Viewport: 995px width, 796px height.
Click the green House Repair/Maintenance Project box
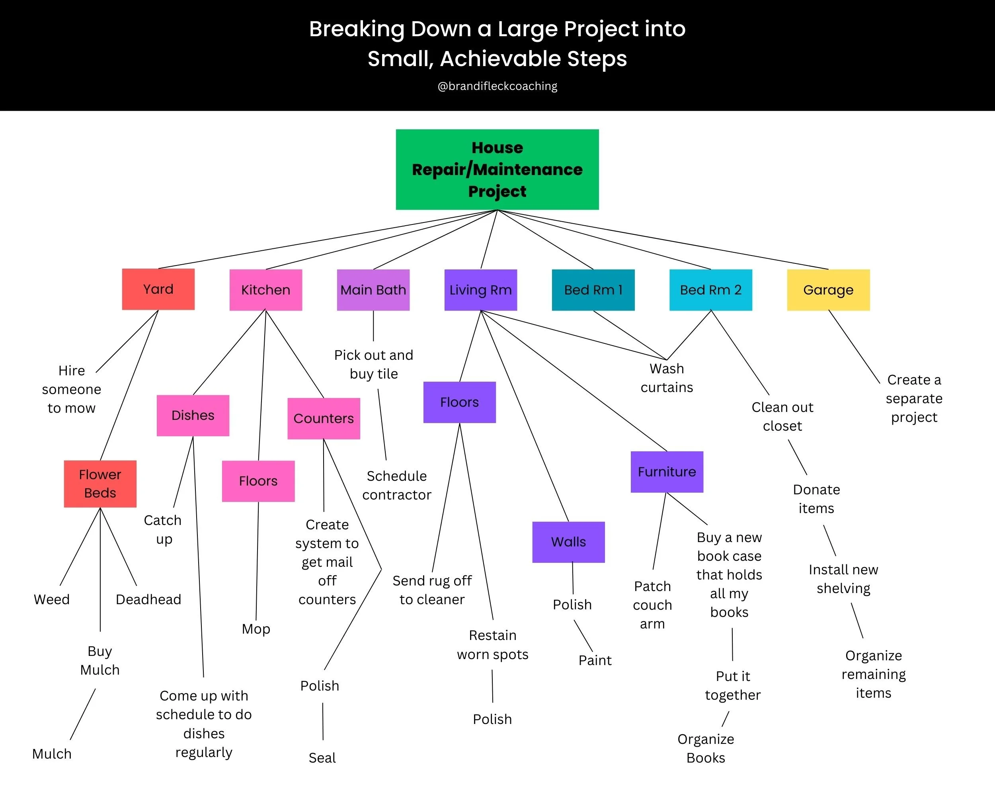497,170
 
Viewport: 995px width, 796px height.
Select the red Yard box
158,289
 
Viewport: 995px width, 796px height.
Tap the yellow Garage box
828,290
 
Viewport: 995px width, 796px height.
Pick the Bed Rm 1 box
593,290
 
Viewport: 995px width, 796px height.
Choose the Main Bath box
373,290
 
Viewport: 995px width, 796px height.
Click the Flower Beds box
100,484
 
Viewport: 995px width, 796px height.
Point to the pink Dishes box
193,415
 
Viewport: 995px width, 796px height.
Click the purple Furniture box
667,472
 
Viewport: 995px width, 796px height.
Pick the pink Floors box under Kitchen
258,481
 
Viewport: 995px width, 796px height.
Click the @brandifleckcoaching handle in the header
497,86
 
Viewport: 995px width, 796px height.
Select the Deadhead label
148,599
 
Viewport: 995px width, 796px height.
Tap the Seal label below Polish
322,758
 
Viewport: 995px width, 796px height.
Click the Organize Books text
706,748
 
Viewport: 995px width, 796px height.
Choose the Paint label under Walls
595,660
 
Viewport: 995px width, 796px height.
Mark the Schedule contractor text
396,486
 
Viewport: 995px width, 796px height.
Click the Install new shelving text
843,579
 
